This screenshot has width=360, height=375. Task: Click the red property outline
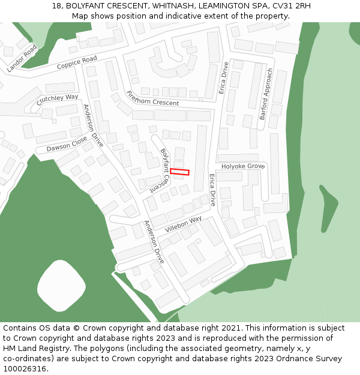click(x=179, y=172)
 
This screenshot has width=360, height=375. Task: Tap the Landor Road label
click(x=22, y=58)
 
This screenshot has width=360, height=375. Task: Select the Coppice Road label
click(x=77, y=62)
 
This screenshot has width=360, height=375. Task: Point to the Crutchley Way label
click(x=57, y=100)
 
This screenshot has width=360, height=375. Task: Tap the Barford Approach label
click(x=266, y=94)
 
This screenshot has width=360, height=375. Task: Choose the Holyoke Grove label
click(x=243, y=166)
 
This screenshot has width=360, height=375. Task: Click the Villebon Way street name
click(x=184, y=224)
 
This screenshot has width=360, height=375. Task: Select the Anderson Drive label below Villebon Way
click(x=154, y=242)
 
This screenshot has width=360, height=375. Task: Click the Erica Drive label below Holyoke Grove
click(x=212, y=190)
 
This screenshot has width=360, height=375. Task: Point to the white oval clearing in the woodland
click(x=62, y=284)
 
